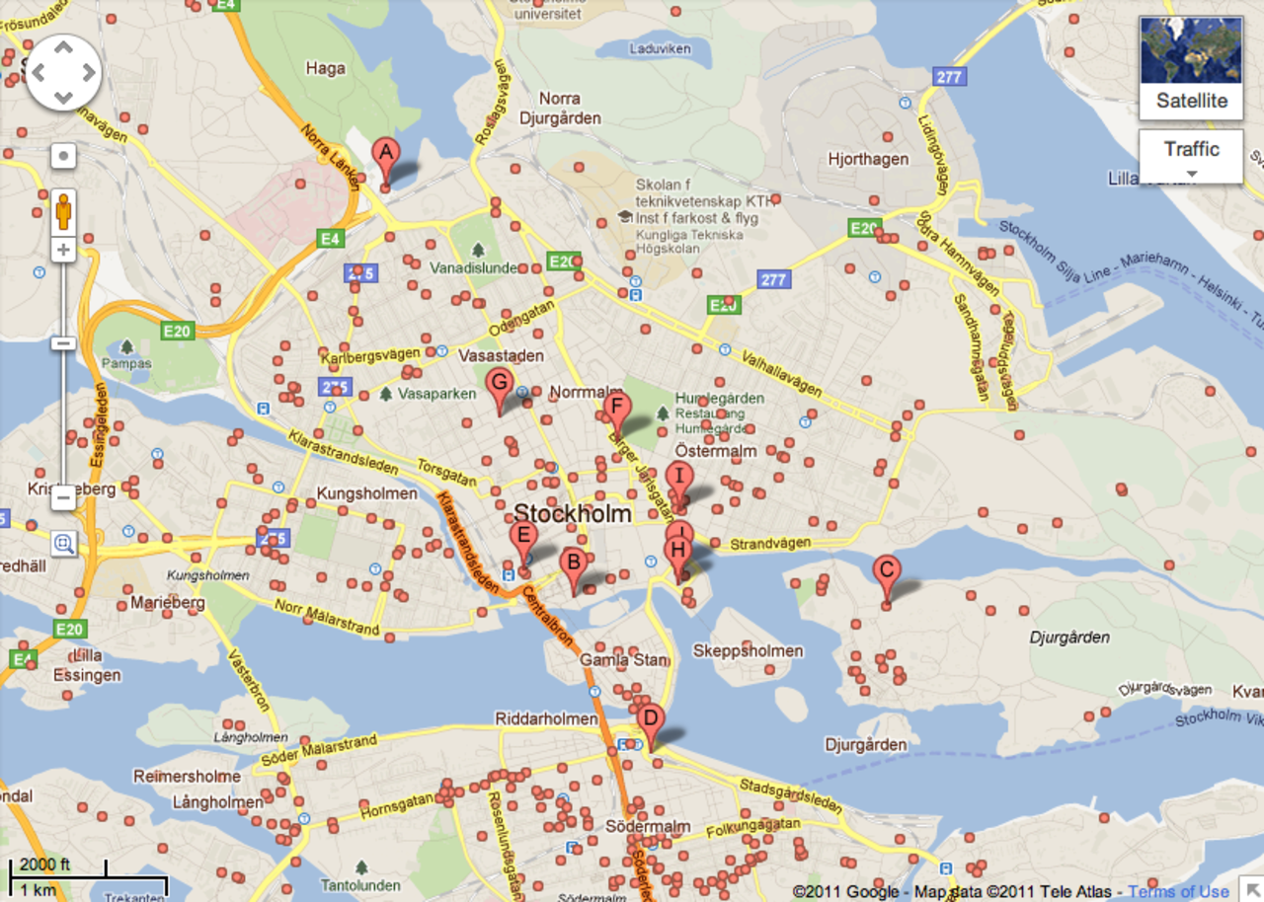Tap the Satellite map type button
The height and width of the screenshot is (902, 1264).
click(x=1191, y=101)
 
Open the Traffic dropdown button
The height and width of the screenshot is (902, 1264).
click(x=1191, y=155)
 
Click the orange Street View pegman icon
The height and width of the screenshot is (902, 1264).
click(x=64, y=211)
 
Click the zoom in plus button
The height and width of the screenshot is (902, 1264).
click(x=64, y=250)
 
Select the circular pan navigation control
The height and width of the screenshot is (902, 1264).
click(x=63, y=72)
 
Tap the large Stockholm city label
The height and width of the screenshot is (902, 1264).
click(x=572, y=514)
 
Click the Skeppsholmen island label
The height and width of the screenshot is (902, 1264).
click(x=748, y=651)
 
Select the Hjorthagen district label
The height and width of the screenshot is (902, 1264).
click(x=868, y=159)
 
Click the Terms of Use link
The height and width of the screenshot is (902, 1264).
click(x=1178, y=891)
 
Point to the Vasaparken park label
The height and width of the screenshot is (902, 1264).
click(x=436, y=394)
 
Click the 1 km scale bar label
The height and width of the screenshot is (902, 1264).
click(x=37, y=889)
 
